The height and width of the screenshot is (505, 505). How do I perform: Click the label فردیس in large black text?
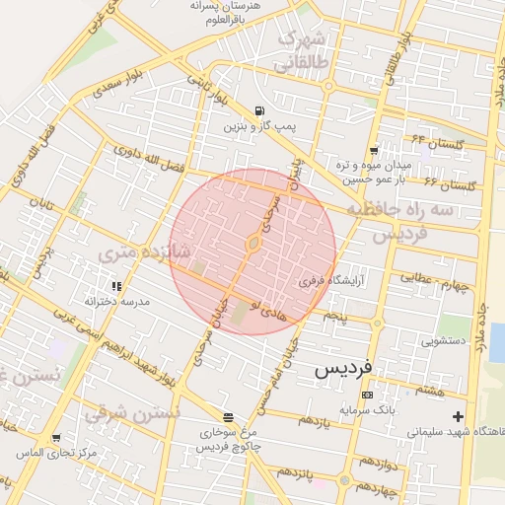pos(343,368)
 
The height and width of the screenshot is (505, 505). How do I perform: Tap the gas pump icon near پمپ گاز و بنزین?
pos(258,110)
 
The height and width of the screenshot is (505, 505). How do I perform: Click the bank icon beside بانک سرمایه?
pos(367,395)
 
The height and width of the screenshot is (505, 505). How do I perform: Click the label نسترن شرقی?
pos(132,412)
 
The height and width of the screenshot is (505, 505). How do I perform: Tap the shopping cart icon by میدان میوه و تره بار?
pos(373,150)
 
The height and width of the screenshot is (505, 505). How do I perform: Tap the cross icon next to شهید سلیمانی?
pos(458,416)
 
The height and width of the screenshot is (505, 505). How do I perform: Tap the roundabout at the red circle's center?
pos(253,243)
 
